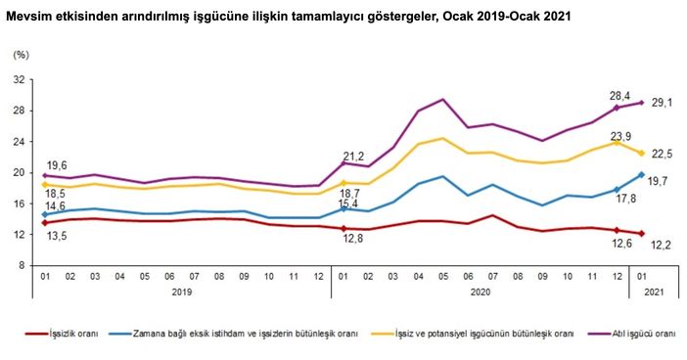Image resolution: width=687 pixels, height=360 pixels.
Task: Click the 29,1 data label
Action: (663, 104)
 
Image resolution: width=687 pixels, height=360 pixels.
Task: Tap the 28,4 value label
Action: (620, 96)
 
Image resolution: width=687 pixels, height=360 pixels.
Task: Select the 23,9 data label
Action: (620, 136)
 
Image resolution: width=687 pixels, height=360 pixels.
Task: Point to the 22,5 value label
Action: (663, 154)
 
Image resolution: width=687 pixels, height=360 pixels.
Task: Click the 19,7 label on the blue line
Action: (657, 181)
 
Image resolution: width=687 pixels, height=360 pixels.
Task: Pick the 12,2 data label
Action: (662, 246)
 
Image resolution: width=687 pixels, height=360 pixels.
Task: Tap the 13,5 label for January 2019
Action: (57, 237)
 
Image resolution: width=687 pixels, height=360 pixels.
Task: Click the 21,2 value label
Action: (354, 157)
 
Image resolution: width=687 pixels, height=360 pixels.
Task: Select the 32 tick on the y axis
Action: (21, 79)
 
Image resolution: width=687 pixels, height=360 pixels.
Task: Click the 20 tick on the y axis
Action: (21, 172)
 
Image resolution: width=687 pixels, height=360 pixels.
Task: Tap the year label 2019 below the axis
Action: (182, 292)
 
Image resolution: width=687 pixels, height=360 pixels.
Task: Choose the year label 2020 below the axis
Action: (481, 292)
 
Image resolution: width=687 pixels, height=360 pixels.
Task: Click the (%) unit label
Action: (21, 55)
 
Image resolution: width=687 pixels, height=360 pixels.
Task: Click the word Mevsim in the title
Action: (22, 17)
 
